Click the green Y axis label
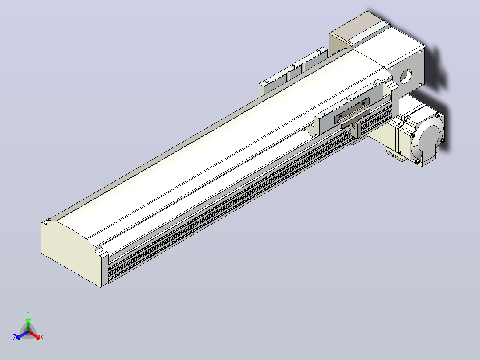click(x=28, y=313)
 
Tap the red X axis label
click(x=42, y=337)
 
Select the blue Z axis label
click(x=15, y=337)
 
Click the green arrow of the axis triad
click(x=28, y=324)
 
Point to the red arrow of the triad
click(x=34, y=335)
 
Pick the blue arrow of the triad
click(x=22, y=335)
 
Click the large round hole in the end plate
click(x=406, y=76)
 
